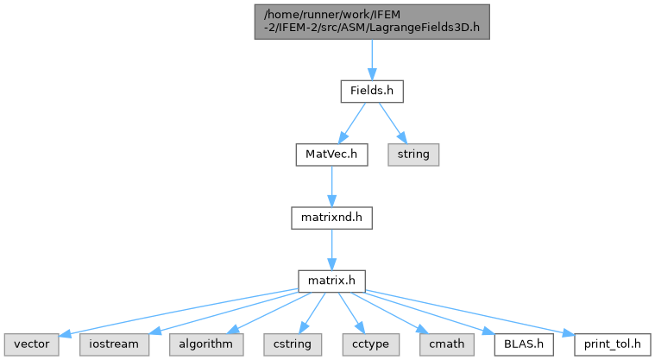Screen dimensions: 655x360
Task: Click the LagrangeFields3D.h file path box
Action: (x=372, y=22)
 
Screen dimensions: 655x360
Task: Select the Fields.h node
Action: (x=372, y=92)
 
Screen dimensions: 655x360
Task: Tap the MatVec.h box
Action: (x=331, y=155)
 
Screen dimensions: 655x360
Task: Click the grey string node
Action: (x=413, y=155)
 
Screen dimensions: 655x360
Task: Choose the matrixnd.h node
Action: (x=331, y=218)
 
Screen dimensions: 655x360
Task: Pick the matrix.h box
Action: (x=331, y=281)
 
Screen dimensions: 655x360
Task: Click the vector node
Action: (x=32, y=344)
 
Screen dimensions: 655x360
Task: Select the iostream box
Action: (x=114, y=344)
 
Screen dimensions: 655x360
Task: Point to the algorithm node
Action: (x=206, y=344)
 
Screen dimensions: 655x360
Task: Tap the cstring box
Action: (x=293, y=344)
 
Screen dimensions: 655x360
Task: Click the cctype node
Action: (x=370, y=344)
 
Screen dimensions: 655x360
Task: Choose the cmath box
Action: (x=446, y=344)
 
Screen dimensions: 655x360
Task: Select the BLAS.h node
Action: (x=524, y=344)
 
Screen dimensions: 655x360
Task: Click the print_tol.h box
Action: (x=612, y=344)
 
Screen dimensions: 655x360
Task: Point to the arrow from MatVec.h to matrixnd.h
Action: (x=331, y=186)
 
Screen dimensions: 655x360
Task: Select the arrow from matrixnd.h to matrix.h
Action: (x=331, y=249)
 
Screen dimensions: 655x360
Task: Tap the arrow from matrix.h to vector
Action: (x=179, y=312)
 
